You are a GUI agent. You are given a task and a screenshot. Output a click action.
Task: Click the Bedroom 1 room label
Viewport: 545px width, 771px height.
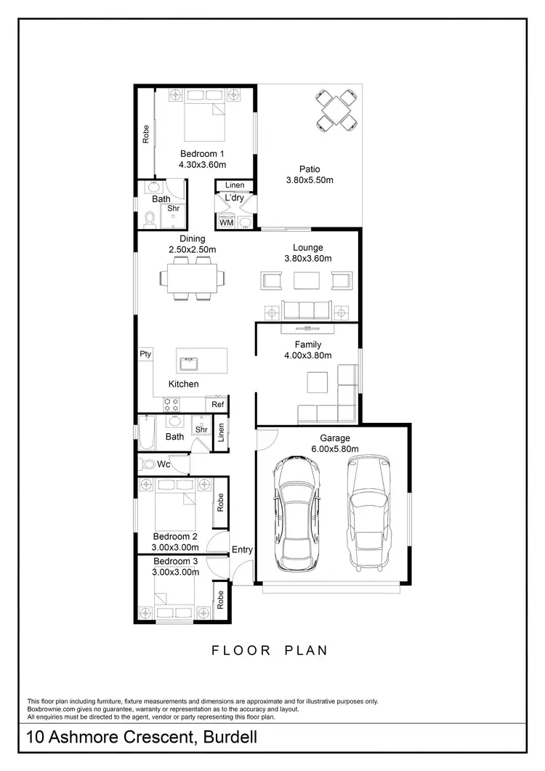(x=202, y=153)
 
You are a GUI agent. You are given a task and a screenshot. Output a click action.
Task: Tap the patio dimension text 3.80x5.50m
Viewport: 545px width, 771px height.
(x=308, y=180)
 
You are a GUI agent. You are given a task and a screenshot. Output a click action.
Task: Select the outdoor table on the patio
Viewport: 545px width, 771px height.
(x=338, y=110)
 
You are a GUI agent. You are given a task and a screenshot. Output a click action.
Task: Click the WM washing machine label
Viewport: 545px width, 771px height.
(x=226, y=222)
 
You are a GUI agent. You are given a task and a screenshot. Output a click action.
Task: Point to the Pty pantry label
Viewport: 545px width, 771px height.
(x=145, y=354)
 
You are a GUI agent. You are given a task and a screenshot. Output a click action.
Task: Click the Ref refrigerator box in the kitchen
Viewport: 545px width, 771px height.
(x=217, y=405)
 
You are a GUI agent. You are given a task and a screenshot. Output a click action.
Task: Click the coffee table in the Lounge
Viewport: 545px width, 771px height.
(x=306, y=280)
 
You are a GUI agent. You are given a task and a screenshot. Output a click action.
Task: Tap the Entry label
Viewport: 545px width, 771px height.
(x=242, y=549)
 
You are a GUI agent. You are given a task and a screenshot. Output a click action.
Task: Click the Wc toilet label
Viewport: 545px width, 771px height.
(x=163, y=464)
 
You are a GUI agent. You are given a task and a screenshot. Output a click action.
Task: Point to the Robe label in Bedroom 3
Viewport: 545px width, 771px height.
(x=219, y=599)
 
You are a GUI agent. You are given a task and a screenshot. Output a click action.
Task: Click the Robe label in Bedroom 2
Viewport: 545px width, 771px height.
(x=219, y=501)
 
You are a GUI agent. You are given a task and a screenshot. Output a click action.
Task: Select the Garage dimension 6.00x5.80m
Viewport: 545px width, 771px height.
(x=335, y=449)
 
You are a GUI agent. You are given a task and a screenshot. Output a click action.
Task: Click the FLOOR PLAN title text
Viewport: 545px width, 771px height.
(x=270, y=650)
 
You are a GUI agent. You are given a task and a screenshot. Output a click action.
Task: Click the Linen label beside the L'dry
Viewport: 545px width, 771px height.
(x=235, y=185)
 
